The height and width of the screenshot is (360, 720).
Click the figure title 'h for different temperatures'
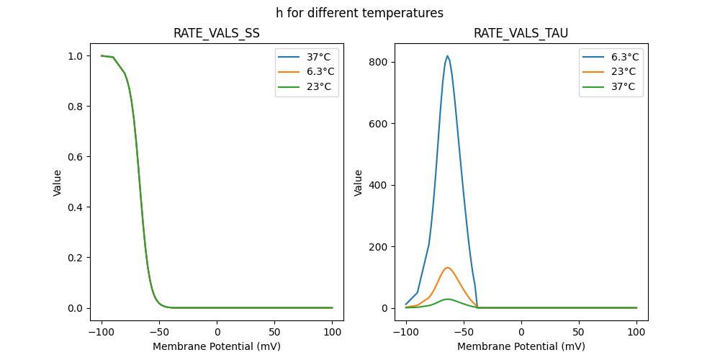pyautogui.click(x=359, y=13)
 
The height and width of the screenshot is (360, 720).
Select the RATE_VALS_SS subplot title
pyautogui.click(x=217, y=33)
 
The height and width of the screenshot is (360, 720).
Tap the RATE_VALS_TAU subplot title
pyautogui.click(x=521, y=33)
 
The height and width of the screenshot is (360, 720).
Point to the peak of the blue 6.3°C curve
pyautogui.click(x=447, y=56)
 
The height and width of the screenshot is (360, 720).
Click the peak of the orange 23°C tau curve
pyautogui.click(x=447, y=268)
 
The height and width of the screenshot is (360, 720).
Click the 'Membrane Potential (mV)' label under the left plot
pyautogui.click(x=217, y=346)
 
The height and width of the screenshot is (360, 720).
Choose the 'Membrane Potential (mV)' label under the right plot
pyautogui.click(x=521, y=346)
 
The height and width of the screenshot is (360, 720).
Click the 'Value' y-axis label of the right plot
pyautogui.click(x=358, y=182)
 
